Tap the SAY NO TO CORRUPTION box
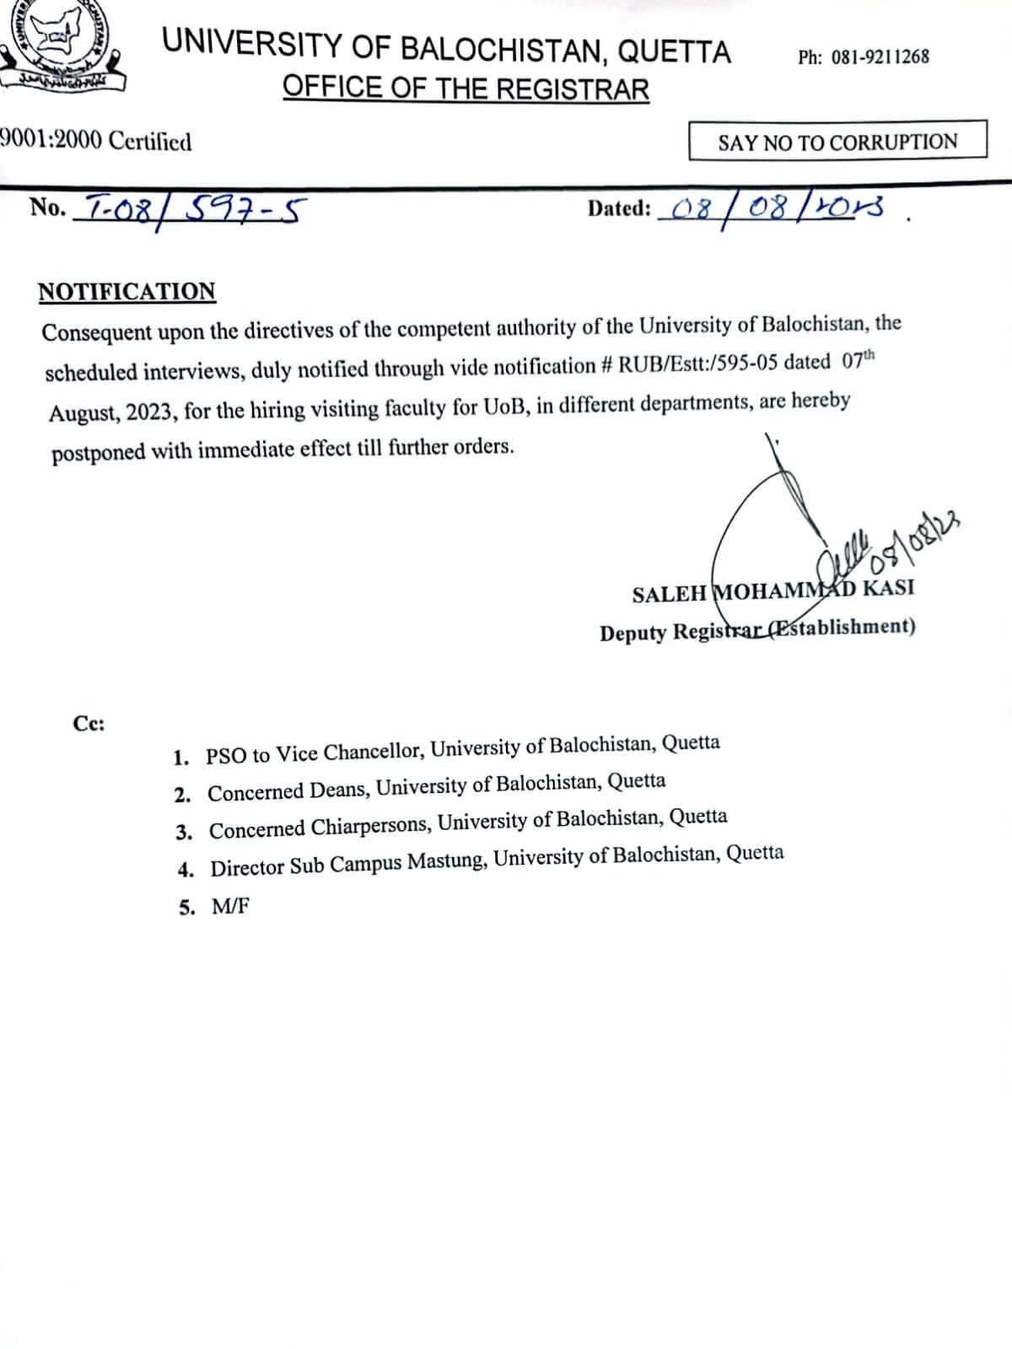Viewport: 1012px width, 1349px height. click(x=837, y=141)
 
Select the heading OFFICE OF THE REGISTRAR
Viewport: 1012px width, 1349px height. click(x=466, y=89)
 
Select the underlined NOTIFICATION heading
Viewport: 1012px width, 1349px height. click(x=126, y=291)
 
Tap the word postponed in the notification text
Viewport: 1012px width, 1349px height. click(x=98, y=452)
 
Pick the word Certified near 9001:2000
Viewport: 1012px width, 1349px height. click(x=150, y=141)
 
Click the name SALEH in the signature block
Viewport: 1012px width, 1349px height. click(x=669, y=594)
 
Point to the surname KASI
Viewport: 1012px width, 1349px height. click(x=888, y=587)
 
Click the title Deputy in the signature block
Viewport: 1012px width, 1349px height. click(x=633, y=633)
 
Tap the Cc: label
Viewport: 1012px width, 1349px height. click(x=89, y=724)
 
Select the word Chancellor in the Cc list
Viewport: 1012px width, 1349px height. click(x=371, y=751)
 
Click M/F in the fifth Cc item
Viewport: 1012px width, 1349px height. click(x=230, y=907)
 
